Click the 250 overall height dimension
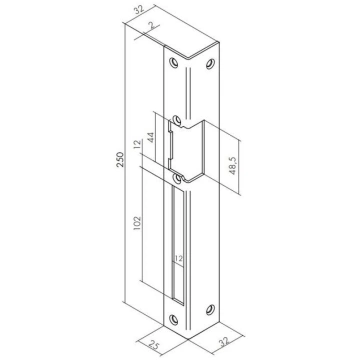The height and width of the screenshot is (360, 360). [120, 160]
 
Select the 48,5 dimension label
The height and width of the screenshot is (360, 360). [233, 165]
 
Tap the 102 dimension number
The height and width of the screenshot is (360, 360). [137, 224]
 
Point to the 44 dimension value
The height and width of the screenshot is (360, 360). [150, 138]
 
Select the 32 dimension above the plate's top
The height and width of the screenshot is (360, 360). [139, 9]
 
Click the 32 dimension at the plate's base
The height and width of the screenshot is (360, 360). [224, 343]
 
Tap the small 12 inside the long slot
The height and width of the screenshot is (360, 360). [178, 258]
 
